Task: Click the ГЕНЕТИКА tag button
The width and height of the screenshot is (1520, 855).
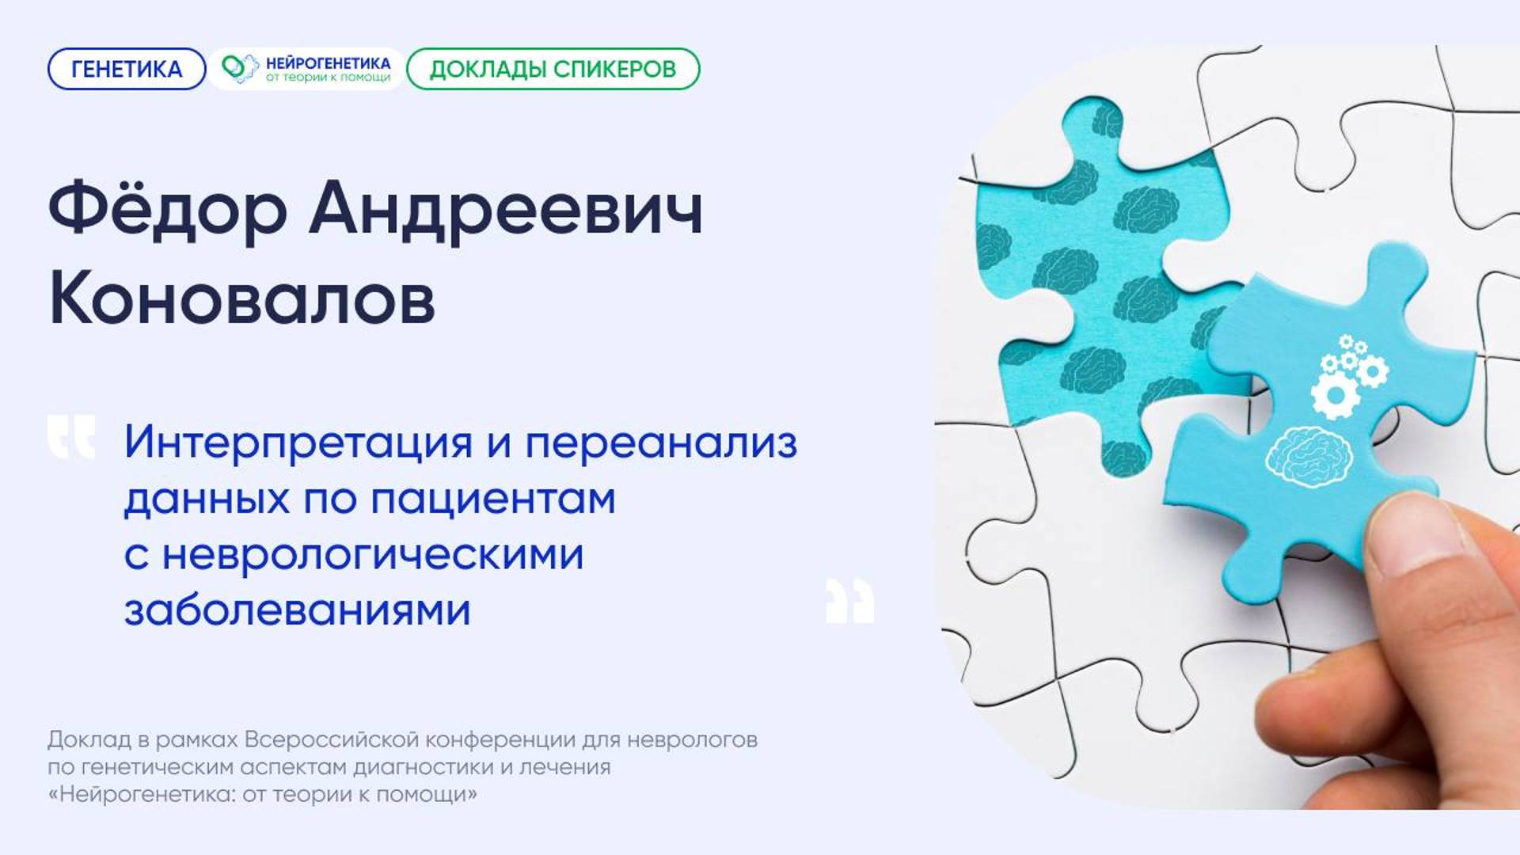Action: click(127, 69)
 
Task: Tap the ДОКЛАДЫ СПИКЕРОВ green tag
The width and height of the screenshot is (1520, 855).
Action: click(553, 69)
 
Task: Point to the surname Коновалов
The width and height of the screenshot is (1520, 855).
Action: click(241, 299)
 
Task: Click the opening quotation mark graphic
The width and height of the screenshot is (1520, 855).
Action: click(71, 436)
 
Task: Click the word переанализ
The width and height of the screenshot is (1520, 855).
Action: click(661, 443)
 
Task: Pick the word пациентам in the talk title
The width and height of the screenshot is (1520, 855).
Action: click(492, 499)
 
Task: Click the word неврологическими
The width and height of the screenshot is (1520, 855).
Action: click(373, 554)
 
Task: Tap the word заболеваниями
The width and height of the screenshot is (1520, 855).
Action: click(297, 610)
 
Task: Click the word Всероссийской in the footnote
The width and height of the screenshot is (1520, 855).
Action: click(332, 739)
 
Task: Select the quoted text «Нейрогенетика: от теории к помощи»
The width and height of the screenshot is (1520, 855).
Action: click(262, 793)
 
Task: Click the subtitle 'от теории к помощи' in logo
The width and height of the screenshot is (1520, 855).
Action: click(328, 78)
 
